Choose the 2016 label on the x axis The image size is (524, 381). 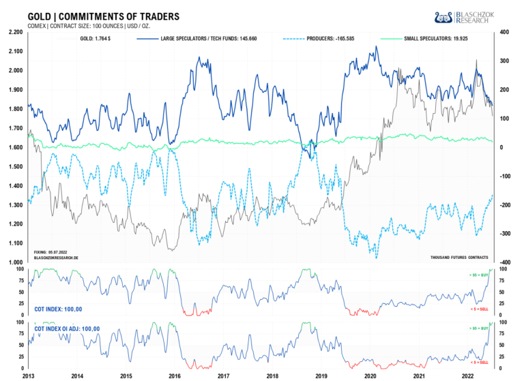pyautogui.click(x=175, y=376)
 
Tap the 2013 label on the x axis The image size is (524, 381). pyautogui.click(x=28, y=376)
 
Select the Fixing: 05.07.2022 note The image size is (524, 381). pyautogui.click(x=51, y=252)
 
